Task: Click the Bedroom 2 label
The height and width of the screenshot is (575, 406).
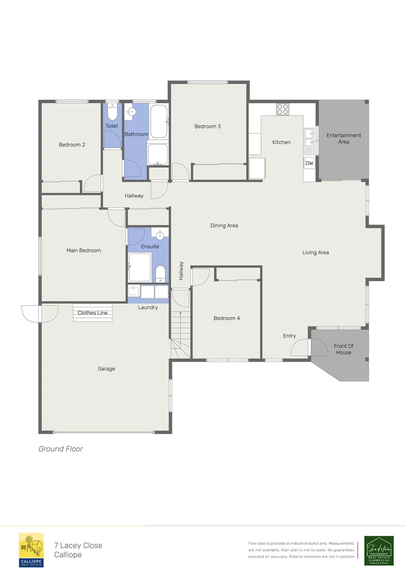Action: pos(72,145)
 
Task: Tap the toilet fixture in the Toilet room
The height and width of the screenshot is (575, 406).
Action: pos(112,113)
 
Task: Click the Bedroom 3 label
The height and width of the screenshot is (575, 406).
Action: pos(208,126)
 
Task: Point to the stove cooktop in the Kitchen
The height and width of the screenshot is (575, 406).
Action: pos(283,109)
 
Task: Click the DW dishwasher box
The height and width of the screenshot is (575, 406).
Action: pos(309,163)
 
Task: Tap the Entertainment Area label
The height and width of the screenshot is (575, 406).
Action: pos(344,138)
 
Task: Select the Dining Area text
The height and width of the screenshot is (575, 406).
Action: pos(224,226)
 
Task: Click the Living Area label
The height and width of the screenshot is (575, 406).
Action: pos(316,252)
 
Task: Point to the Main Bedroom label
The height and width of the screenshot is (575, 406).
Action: pos(84,250)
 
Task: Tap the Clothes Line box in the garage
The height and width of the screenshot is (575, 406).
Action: pos(93,313)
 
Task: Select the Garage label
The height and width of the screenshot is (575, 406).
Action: pos(106,369)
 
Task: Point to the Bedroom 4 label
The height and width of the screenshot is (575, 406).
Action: pos(227,318)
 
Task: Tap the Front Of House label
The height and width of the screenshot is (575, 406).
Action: pos(343,349)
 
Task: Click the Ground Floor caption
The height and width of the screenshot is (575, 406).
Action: pos(61,449)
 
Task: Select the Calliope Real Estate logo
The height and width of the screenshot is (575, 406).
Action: pos(31,550)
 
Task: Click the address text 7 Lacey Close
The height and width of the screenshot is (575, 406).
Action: pos(78,545)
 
